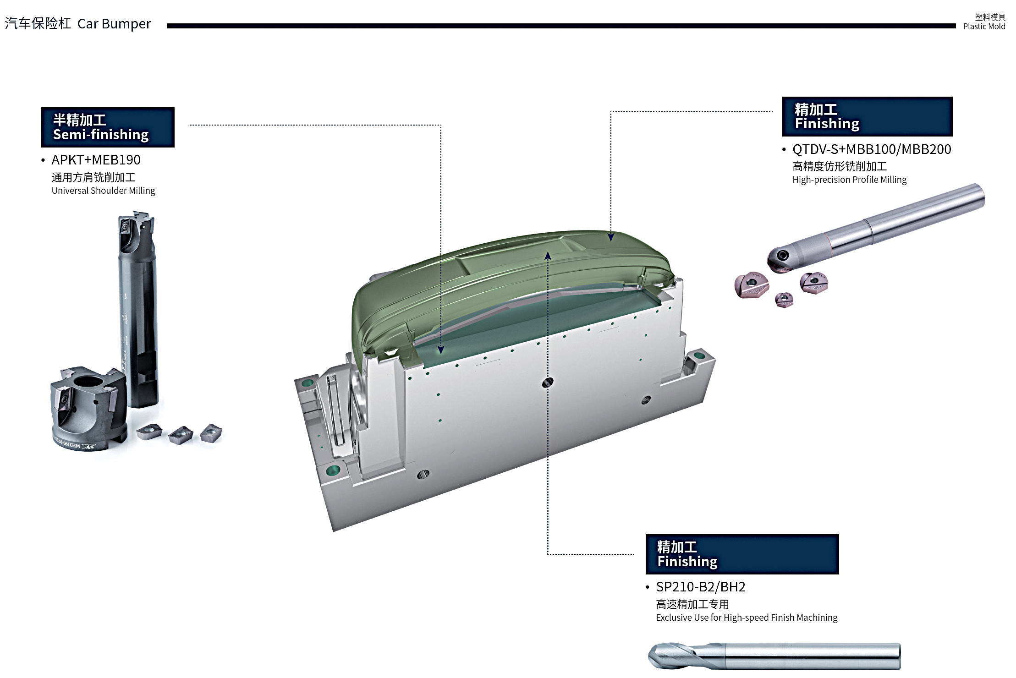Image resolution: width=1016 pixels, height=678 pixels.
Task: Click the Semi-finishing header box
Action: [x=108, y=127]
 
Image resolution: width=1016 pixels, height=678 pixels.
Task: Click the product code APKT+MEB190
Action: [x=96, y=160]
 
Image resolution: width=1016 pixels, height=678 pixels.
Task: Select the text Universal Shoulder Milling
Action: [x=104, y=191]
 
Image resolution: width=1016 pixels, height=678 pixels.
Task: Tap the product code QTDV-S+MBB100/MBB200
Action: [x=872, y=149]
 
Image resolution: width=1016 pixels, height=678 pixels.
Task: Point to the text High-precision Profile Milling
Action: [x=850, y=180]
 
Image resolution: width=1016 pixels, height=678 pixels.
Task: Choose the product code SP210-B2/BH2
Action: [x=701, y=587]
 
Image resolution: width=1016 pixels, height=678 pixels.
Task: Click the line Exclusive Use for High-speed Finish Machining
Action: [x=747, y=618]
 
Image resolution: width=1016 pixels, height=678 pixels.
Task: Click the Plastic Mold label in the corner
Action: [x=984, y=27]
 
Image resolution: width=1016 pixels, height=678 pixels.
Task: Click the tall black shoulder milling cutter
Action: [x=137, y=309]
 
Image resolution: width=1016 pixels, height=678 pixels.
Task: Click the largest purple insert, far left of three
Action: [x=751, y=285]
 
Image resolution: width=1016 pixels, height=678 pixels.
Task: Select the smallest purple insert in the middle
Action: [x=784, y=300]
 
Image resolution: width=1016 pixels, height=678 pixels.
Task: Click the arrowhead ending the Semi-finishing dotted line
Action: [x=441, y=350]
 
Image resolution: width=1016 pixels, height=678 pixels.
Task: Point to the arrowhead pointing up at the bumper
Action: [x=548, y=256]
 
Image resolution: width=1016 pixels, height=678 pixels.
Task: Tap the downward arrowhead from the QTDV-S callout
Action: [x=611, y=237]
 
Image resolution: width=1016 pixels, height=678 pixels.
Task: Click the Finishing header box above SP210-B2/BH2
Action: [x=742, y=554]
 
